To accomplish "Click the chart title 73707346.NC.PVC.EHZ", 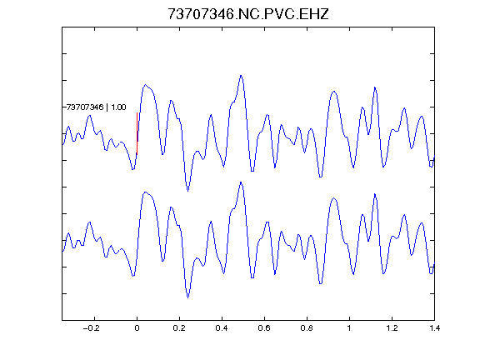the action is pos(248,14).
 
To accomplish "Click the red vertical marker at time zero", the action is pos(137,133).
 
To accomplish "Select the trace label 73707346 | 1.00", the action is pos(97,107).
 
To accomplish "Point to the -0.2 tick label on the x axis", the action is pos(92,328).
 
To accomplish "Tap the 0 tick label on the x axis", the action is pos(137,328).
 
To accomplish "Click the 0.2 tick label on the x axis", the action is pos(179,328).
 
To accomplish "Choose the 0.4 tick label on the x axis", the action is pos(222,328).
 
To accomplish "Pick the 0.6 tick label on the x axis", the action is pos(264,328).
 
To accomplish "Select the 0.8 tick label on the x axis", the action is pos(307,328).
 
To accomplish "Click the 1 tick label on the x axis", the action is pos(349,328).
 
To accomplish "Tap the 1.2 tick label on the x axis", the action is pos(392,328).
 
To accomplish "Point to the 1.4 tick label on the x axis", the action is pos(434,328).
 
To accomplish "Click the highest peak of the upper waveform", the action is pos(241,75).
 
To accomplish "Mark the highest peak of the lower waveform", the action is pos(241,182).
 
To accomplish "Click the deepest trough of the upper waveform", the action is pos(187,191).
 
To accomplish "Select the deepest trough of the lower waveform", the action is pos(187,297).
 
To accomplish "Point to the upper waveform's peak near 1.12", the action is pos(375,87).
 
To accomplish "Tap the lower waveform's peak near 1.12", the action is pos(375,194).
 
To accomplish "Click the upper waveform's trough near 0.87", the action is pos(321,177).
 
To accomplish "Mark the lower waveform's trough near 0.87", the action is pos(321,284).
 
